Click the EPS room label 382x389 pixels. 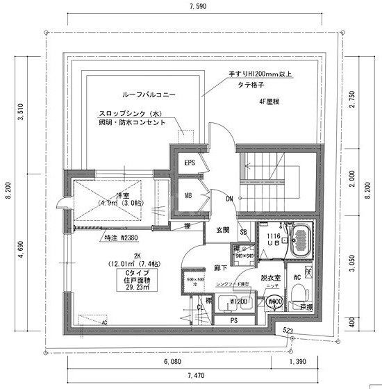(188, 163)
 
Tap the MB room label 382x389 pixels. (188, 196)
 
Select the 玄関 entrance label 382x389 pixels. (222, 229)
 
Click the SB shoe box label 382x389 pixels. (244, 232)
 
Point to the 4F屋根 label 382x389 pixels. (269, 103)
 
